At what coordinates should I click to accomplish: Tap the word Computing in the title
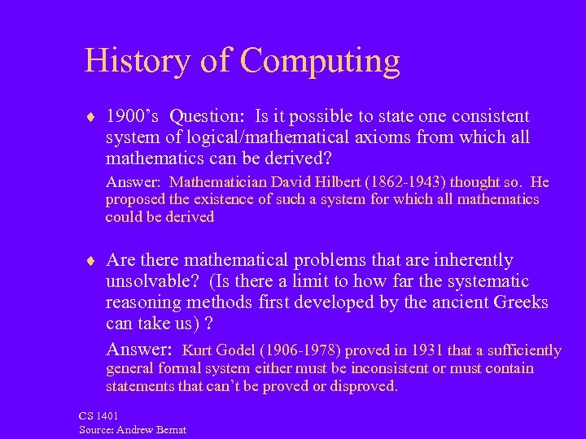(320, 62)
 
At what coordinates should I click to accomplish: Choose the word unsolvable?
(154, 281)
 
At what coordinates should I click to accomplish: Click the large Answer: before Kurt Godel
(139, 350)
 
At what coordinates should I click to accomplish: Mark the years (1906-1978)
(300, 350)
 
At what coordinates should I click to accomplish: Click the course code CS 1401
(98, 416)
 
